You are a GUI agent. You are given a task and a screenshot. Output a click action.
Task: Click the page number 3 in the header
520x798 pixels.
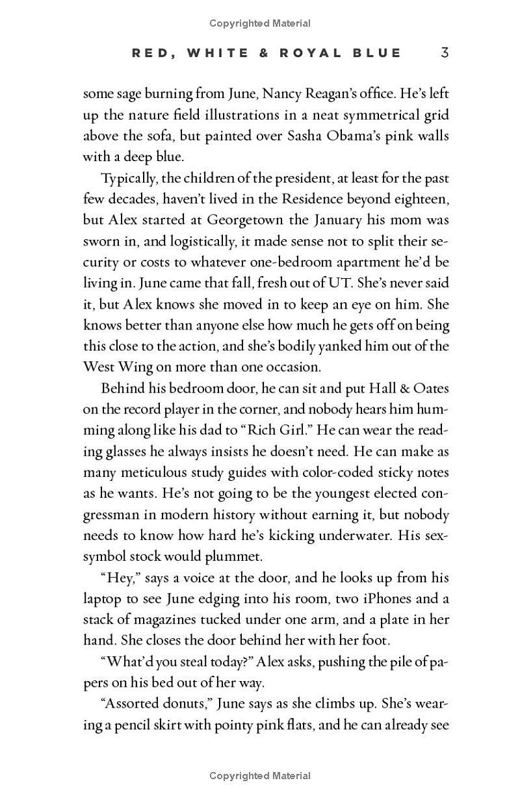click(x=445, y=53)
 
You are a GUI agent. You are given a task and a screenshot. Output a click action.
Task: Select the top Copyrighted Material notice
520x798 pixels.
click(x=260, y=23)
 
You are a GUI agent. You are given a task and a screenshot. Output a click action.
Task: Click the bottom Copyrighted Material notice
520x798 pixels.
click(x=260, y=775)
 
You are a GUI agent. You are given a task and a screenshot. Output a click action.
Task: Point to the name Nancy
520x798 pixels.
click(x=285, y=94)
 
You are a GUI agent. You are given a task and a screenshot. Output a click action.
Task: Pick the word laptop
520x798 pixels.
click(x=103, y=598)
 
